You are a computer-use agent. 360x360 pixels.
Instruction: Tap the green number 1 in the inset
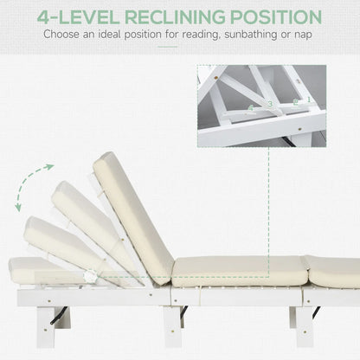pos(308,100)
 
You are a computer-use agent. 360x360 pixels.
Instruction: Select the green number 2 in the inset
pos(295,102)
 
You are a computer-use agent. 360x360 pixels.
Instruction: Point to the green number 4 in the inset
pos(251,109)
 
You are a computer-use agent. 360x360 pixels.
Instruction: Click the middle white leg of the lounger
pos(173,325)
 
